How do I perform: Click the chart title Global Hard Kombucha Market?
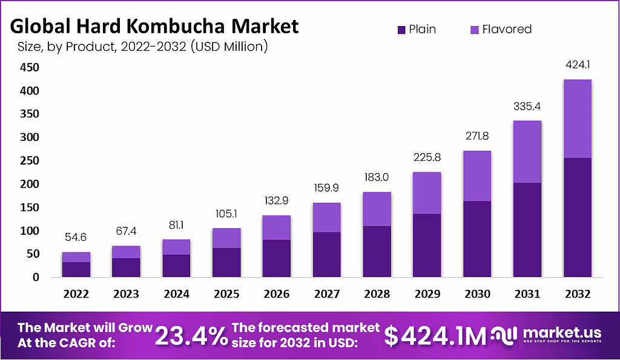(154, 26)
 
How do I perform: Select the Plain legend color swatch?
(400, 29)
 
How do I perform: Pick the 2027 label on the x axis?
(326, 294)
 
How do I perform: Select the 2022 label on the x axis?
(76, 294)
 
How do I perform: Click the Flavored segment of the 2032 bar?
(577, 119)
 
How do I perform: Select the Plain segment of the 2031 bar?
(527, 230)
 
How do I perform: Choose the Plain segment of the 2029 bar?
(427, 246)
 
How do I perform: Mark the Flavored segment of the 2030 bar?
(477, 175)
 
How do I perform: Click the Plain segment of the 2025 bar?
(226, 263)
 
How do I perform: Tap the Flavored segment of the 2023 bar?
(127, 252)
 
